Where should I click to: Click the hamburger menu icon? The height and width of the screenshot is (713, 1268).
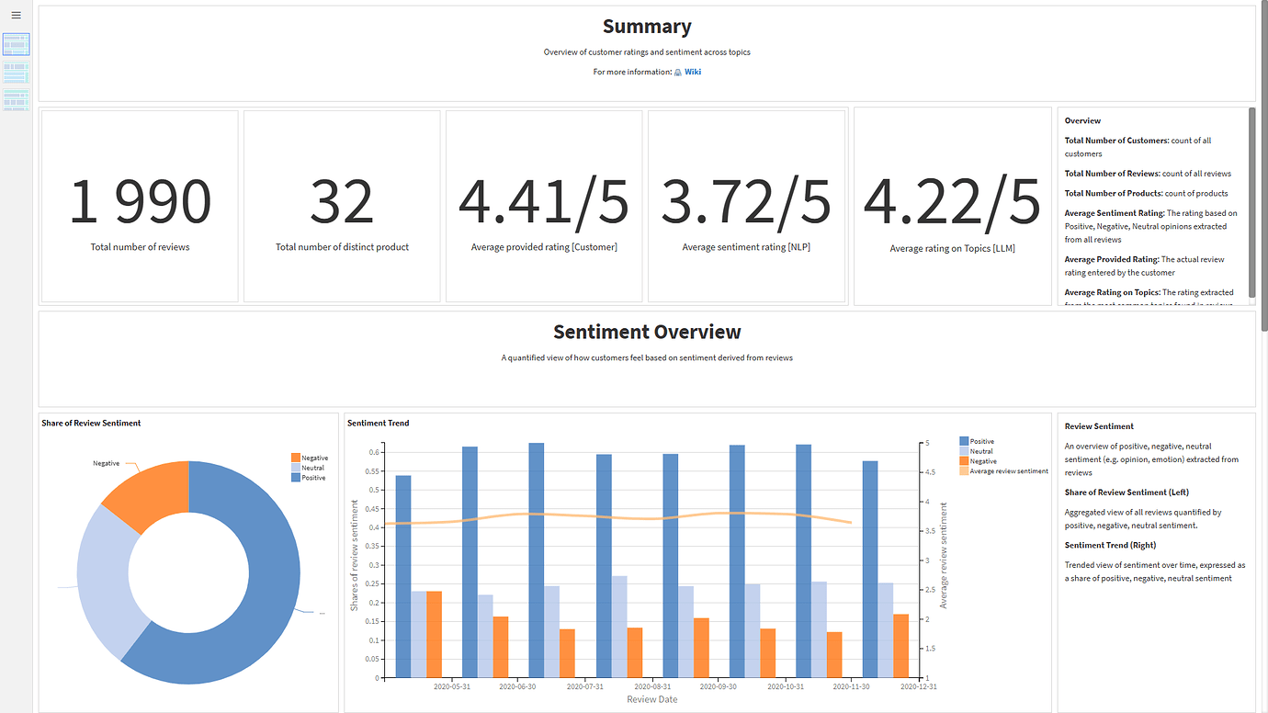pyautogui.click(x=16, y=16)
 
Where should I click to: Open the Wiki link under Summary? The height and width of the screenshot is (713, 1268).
pyautogui.click(x=692, y=72)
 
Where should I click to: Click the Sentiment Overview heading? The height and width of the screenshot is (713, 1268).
pyautogui.click(x=647, y=332)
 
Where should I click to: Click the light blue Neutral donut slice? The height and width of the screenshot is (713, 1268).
pyautogui.click(x=106, y=579)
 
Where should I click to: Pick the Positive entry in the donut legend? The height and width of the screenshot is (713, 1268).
pyautogui.click(x=313, y=478)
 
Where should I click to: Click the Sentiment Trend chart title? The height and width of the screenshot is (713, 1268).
pyautogui.click(x=378, y=423)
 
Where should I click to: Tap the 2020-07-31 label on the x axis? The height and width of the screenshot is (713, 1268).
pyautogui.click(x=585, y=686)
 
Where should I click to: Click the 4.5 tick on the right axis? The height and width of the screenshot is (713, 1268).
pyautogui.click(x=931, y=472)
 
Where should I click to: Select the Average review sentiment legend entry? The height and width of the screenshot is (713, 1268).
pyautogui.click(x=1008, y=471)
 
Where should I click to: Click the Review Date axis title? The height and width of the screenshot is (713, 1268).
pyautogui.click(x=651, y=699)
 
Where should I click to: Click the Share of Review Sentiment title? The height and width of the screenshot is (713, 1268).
pyautogui.click(x=91, y=423)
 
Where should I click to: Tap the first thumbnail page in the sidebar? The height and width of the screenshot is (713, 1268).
pyautogui.click(x=17, y=44)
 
